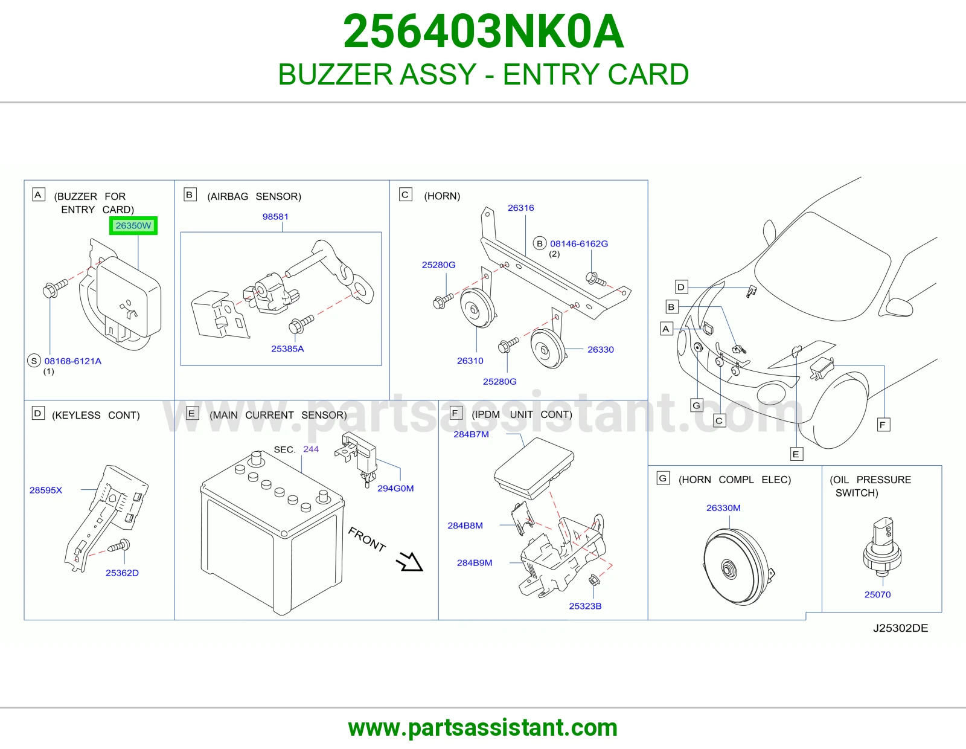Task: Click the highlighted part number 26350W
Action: (x=133, y=225)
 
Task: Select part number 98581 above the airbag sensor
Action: (x=275, y=217)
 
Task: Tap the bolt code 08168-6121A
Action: (x=73, y=361)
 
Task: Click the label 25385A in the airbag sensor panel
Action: (x=287, y=349)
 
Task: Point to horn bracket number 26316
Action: (x=521, y=208)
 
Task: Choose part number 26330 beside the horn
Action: (x=601, y=350)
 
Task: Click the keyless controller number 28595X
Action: (x=46, y=490)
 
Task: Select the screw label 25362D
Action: (x=122, y=573)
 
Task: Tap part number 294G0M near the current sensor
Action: (x=395, y=489)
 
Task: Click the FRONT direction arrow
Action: (x=409, y=562)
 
